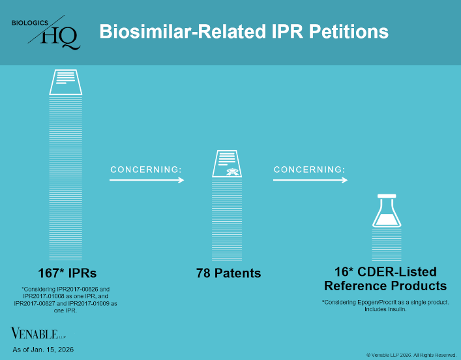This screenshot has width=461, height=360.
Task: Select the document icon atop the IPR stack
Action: [66, 82]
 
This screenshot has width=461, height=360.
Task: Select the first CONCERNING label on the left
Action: [145, 170]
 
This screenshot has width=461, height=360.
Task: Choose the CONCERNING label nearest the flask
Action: [309, 170]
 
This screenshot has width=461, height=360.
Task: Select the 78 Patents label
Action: [228, 273]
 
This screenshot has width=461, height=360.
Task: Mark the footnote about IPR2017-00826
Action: [67, 300]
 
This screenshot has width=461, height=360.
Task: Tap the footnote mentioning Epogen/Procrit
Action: [386, 305]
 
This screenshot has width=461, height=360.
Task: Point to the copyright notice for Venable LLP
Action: [411, 355]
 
